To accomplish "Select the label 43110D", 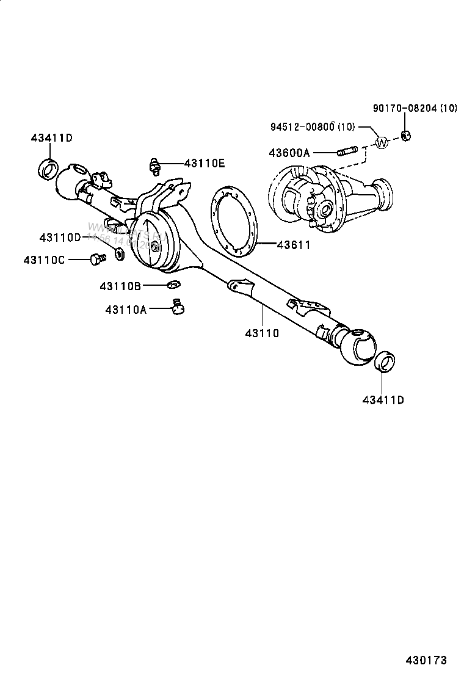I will tap(60, 237).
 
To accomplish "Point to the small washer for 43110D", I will tap(119, 252).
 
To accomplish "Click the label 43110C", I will tap(44, 260).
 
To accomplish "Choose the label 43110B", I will tap(121, 285).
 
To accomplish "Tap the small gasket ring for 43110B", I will tap(173, 283).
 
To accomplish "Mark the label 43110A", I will tap(126, 310).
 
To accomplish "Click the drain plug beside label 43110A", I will tap(178, 308).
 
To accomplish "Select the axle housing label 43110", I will tap(262, 333).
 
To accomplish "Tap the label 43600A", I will tap(289, 153).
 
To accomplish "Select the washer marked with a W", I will tap(382, 143).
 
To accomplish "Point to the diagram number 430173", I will tap(426, 660).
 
